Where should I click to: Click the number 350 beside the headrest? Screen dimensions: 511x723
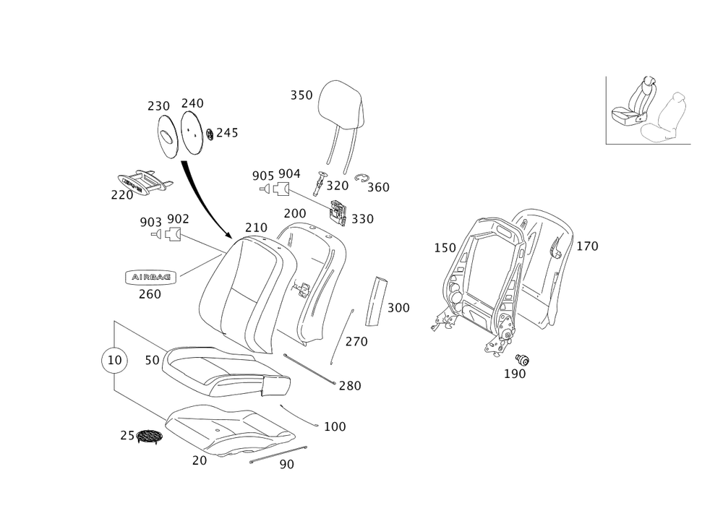click(301, 95)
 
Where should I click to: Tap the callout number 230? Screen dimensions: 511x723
click(158, 106)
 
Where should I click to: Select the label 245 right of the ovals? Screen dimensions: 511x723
click(226, 134)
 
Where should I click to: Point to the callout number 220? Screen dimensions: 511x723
click(121, 195)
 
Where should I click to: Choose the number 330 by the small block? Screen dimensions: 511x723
click(362, 218)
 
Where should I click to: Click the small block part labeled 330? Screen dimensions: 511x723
click(338, 212)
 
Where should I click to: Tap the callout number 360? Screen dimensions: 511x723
click(378, 187)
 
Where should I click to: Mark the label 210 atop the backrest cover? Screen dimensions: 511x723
click(256, 228)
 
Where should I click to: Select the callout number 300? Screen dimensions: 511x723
click(398, 308)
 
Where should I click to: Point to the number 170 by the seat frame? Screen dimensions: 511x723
click(586, 246)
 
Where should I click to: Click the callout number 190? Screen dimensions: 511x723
click(515, 374)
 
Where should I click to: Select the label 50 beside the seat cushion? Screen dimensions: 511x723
click(151, 360)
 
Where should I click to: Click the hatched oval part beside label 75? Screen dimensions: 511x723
click(149, 437)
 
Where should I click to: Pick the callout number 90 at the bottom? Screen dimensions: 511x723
click(286, 465)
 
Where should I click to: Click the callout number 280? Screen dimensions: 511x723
click(350, 386)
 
